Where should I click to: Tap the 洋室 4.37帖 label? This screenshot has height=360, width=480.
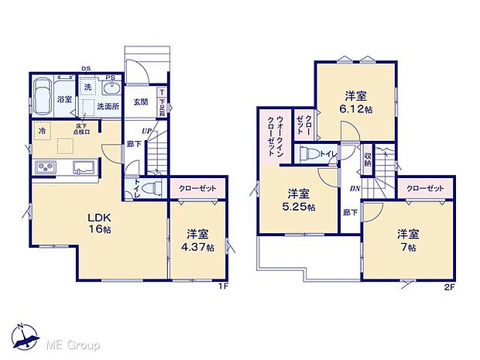pos(197,239)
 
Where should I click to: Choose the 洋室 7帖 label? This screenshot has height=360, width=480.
pos(409,240)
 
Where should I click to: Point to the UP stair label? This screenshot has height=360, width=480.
pos(146,130)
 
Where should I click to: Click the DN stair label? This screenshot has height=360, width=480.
pos(352,188)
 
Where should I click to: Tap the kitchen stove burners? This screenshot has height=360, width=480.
pos(43,168)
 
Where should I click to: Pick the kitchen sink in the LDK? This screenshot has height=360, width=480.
pos(83,167)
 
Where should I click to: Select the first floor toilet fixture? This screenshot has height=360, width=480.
pos(153,187)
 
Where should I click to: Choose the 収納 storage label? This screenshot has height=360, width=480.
pos(369,159)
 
